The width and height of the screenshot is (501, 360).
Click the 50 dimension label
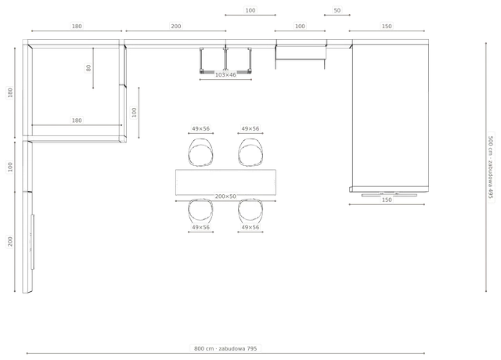point(337,10)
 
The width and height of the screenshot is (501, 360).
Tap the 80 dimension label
point(88,68)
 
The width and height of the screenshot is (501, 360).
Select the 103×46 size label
point(225,75)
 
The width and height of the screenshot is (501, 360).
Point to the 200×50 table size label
point(225,196)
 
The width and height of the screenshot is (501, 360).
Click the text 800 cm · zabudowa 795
point(225,348)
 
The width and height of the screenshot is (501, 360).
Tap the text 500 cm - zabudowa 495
point(491,167)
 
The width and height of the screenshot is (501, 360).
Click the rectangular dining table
point(225,182)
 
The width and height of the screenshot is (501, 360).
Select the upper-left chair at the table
point(200,153)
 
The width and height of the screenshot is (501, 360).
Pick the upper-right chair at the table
point(250,153)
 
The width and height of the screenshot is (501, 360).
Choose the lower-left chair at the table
point(200,212)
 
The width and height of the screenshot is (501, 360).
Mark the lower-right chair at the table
point(250,212)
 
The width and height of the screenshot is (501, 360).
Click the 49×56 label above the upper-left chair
point(200,128)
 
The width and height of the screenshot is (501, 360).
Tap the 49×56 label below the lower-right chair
point(250,228)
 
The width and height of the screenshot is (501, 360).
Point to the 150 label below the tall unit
point(387,200)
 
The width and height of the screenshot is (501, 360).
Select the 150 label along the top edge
point(387,26)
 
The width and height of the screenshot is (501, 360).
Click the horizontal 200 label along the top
point(175,26)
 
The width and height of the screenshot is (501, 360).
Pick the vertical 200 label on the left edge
point(10,242)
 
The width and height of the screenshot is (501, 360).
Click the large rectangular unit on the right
point(391,116)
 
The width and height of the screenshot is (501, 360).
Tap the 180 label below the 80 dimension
point(77,121)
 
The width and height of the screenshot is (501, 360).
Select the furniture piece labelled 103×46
point(225,60)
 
